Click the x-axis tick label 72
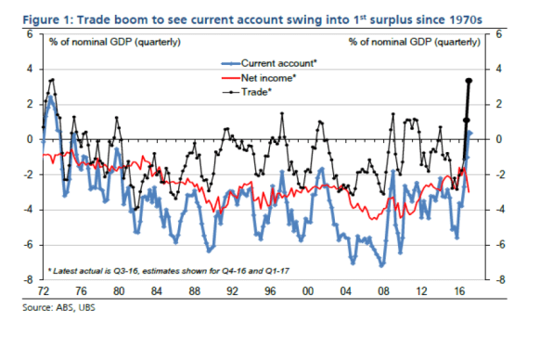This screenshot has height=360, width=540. [41, 290]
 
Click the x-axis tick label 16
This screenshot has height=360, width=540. [461, 290]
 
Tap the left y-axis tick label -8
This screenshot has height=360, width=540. [27, 279]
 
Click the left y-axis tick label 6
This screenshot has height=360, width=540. [30, 33]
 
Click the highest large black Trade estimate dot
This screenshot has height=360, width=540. [469, 81]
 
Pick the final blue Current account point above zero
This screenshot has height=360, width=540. [470, 133]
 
